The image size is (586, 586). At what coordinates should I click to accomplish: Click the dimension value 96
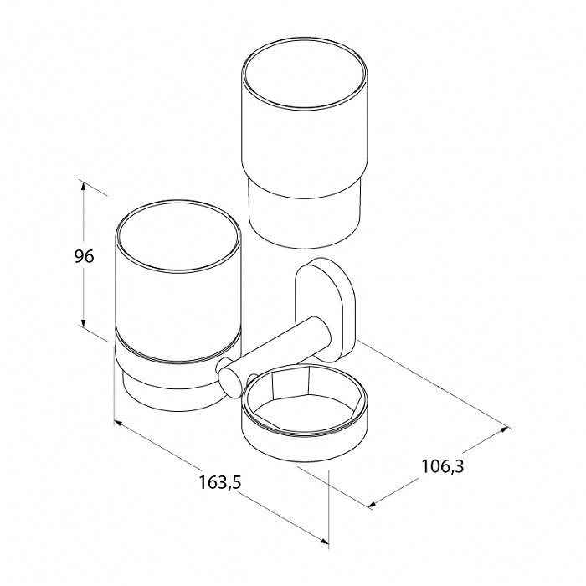[84, 256]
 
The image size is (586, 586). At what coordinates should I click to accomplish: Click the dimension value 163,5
[220, 482]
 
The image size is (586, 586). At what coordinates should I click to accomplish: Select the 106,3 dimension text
[443, 466]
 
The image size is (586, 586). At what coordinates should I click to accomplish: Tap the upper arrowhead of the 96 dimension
[83, 187]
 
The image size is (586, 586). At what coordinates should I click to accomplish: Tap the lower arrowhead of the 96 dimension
[83, 321]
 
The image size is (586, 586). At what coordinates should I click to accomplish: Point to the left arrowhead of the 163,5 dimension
[118, 423]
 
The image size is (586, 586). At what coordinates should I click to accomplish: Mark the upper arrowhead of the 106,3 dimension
[504, 429]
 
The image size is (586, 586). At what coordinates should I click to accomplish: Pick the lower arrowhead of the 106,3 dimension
[373, 505]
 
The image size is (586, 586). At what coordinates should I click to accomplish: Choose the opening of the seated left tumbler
[178, 237]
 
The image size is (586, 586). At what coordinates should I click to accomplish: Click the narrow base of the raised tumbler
[304, 216]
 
